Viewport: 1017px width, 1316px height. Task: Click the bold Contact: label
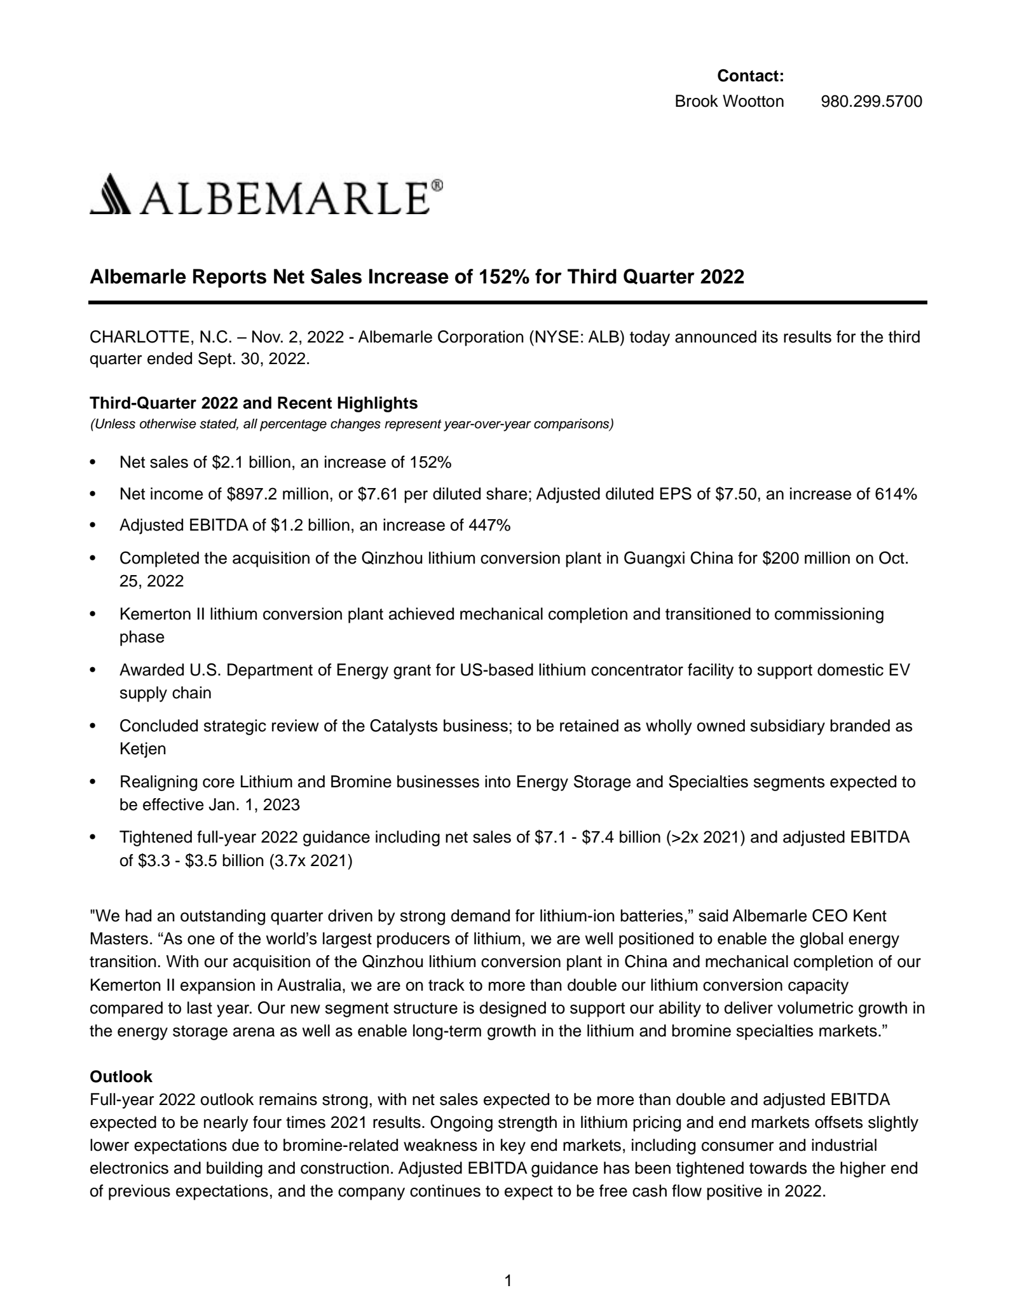point(750,76)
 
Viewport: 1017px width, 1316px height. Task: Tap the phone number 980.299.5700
point(871,101)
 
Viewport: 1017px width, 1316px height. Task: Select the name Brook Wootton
point(729,101)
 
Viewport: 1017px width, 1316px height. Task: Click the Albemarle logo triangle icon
point(109,194)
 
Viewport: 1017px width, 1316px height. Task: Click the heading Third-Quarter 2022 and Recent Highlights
point(254,403)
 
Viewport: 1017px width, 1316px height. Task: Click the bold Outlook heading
point(121,1076)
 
